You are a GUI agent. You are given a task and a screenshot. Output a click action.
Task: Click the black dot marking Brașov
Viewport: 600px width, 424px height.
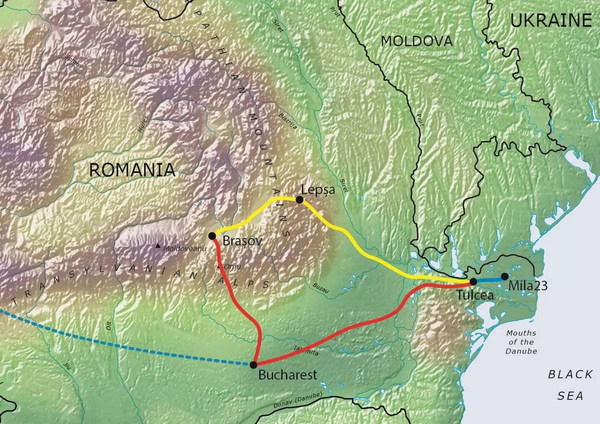[212, 235]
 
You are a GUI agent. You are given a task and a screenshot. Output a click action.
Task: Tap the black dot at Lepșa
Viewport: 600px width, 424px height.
[299, 199]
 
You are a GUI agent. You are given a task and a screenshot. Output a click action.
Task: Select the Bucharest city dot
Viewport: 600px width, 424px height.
[253, 364]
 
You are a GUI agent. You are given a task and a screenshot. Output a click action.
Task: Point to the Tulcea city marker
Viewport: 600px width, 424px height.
[473, 281]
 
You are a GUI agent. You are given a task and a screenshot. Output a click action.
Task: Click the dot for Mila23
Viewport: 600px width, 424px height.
[504, 276]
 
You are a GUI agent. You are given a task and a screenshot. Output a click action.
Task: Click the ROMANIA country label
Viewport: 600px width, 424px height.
[132, 170]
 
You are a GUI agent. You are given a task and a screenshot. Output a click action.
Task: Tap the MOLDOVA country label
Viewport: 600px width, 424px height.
[416, 41]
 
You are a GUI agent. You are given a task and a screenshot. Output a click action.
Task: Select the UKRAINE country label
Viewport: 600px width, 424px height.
[551, 20]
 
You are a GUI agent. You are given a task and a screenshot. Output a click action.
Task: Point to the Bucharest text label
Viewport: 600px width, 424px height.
[287, 374]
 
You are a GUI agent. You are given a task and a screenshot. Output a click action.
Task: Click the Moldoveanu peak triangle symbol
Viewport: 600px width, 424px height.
[158, 245]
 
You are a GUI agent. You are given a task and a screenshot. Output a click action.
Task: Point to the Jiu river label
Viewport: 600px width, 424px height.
[67, 365]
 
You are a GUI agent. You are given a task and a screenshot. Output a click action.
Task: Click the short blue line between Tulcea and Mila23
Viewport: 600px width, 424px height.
[488, 279]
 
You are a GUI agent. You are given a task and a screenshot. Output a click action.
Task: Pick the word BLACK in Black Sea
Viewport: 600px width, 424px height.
[570, 374]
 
